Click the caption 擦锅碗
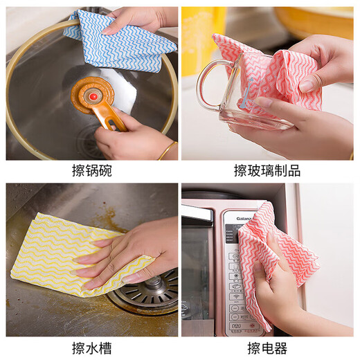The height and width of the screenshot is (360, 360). coord(91,170)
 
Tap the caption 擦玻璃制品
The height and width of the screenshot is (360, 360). coord(267,170)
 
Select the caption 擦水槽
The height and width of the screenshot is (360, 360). coord(91,348)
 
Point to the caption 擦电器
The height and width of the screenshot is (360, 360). coord(267,348)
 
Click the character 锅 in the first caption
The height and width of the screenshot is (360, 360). coord(91,170)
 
